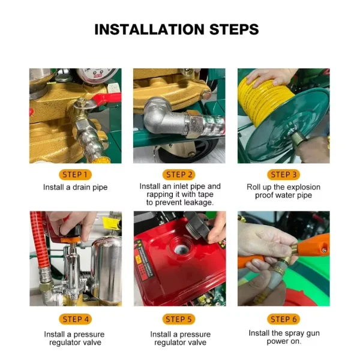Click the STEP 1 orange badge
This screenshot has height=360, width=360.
tap(76, 175)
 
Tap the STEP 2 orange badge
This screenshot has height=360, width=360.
tap(179, 175)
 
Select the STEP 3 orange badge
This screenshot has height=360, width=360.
tap(284, 175)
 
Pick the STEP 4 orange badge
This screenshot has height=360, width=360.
tap(76, 319)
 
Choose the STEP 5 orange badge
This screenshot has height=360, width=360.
tap(179, 319)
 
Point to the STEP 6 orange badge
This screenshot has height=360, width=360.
tap(284, 319)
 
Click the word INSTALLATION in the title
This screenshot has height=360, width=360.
tap(149, 29)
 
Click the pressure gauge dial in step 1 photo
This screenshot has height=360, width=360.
tap(97, 73)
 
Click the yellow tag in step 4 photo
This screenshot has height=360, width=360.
tap(111, 223)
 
